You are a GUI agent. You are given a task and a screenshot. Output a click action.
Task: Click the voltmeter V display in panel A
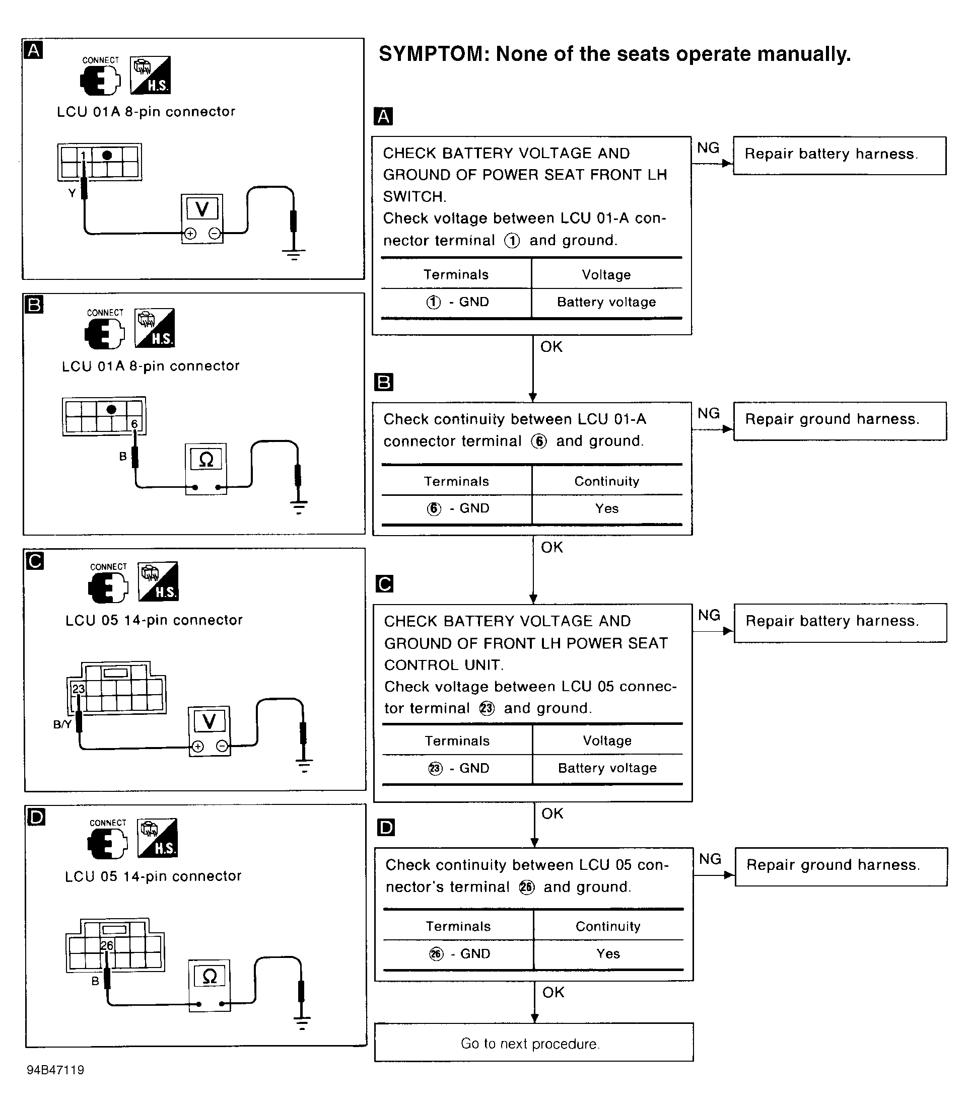[202, 209]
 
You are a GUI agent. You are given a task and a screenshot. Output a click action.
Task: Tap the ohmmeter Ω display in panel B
[206, 460]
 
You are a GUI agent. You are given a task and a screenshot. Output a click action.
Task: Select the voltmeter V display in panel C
[209, 721]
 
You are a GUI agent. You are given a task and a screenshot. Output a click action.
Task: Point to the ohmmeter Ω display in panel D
[209, 976]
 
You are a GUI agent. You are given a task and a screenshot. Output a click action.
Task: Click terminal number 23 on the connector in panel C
[79, 689]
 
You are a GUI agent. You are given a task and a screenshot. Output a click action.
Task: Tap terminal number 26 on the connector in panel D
[107, 945]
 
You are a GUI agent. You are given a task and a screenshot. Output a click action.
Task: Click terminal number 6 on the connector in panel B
[134, 424]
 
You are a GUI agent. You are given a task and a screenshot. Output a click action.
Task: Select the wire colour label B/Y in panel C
[62, 724]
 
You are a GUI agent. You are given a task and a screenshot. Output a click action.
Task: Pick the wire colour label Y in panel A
[72, 192]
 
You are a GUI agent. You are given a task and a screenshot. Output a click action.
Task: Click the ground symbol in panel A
[294, 254]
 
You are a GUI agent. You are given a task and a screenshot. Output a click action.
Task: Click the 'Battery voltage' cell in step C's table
[607, 768]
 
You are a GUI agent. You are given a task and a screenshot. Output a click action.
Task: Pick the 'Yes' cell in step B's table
[606, 508]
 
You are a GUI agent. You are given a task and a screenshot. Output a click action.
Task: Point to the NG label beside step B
[708, 413]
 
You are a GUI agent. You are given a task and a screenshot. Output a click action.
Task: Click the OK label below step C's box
[552, 813]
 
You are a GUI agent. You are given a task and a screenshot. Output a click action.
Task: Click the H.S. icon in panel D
[158, 838]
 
